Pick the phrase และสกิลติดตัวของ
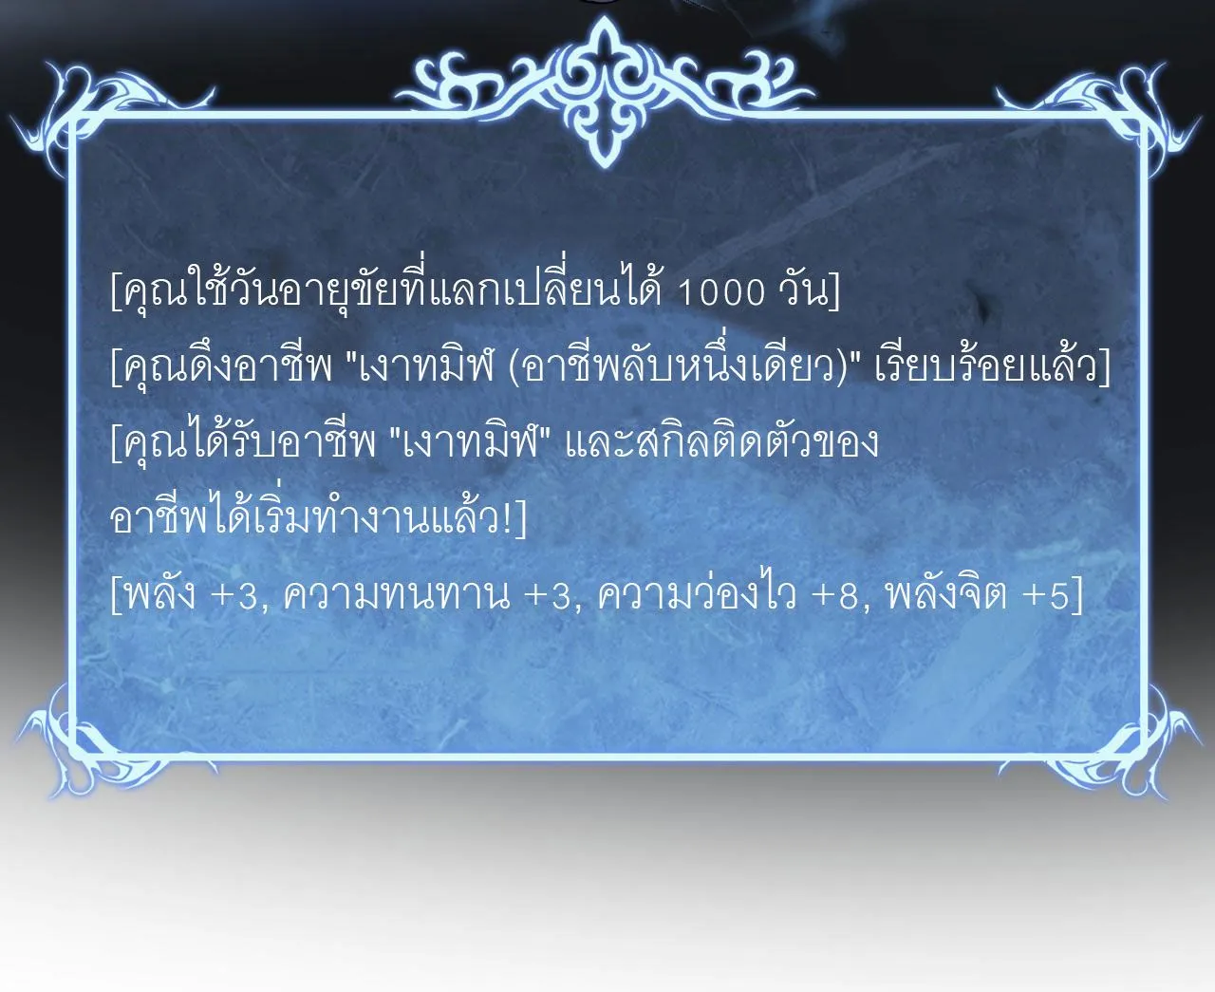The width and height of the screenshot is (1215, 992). click(721, 443)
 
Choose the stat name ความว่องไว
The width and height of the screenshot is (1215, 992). click(698, 595)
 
